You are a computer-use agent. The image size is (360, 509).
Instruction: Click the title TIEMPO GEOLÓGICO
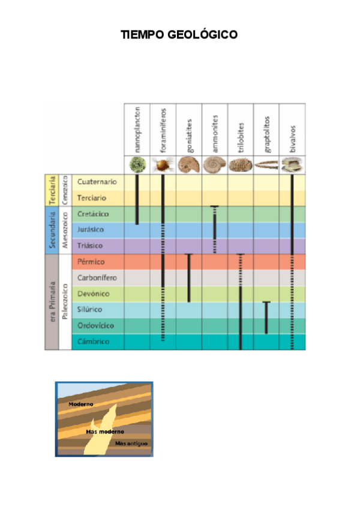(x=179, y=35)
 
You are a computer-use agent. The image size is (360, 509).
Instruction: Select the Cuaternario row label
(x=97, y=182)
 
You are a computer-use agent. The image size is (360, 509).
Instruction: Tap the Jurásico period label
(x=91, y=230)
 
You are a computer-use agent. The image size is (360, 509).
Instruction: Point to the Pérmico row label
(x=91, y=262)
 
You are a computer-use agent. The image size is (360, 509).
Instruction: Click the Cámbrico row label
(x=92, y=342)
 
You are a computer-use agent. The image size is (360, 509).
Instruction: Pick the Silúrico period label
(x=91, y=310)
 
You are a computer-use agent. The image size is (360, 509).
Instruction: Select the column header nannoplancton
(x=137, y=128)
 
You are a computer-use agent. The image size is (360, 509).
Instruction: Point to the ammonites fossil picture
(x=215, y=164)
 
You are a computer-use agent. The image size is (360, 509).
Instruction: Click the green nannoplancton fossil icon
(x=137, y=164)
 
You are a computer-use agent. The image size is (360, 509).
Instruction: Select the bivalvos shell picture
(x=292, y=164)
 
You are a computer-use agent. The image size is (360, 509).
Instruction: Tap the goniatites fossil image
(x=189, y=164)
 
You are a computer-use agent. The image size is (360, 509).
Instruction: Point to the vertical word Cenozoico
(x=65, y=190)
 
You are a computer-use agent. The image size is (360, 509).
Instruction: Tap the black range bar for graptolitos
(x=266, y=317)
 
